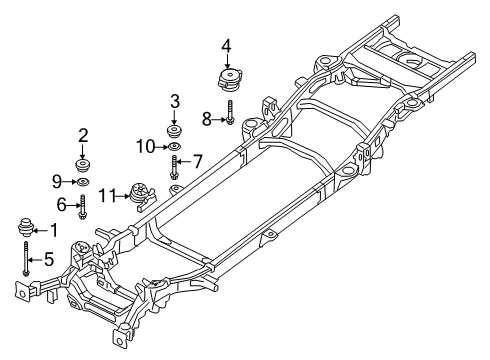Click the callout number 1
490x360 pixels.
click(x=54, y=230)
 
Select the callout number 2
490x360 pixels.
click(x=83, y=135)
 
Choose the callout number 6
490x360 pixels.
click(x=62, y=205)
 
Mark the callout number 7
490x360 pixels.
click(x=197, y=160)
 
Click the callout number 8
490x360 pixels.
click(x=207, y=118)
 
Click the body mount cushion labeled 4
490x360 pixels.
click(x=227, y=80)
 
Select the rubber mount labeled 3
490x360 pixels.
click(x=174, y=131)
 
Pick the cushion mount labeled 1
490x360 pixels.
click(x=23, y=229)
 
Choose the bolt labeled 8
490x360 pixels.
click(x=229, y=115)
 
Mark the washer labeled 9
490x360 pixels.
click(x=83, y=183)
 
